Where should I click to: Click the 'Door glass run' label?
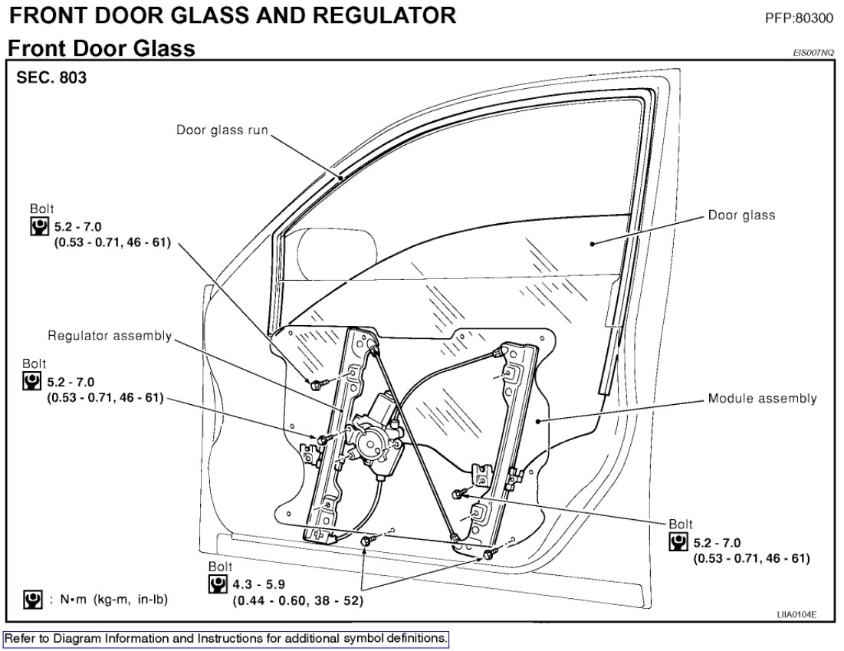tap(222, 130)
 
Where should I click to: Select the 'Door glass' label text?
tap(741, 215)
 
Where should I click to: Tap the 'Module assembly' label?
tap(762, 399)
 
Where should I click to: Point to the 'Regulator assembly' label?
tap(110, 336)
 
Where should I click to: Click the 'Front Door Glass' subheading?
tap(101, 49)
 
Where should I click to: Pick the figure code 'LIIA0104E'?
tap(797, 614)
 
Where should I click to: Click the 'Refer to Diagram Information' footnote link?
tap(225, 638)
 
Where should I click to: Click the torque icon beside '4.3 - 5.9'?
tap(218, 584)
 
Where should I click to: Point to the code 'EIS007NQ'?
tap(813, 53)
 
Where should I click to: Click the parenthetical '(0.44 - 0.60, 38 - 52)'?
tap(297, 600)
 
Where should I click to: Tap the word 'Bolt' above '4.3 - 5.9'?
tap(220, 566)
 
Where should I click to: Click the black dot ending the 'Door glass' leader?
tap(593, 244)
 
